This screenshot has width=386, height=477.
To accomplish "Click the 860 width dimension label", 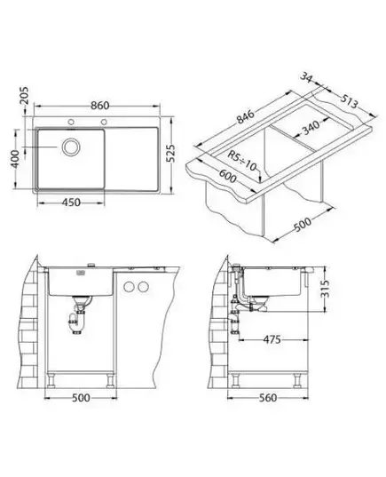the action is (99, 105).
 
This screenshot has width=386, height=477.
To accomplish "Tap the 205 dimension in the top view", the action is (24, 96).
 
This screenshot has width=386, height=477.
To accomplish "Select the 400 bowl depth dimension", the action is (14, 159).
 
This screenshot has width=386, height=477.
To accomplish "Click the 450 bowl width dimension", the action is (71, 203).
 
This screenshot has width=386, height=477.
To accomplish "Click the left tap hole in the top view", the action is (71, 122).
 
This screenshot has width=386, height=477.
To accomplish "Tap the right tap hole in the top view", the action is (104, 122).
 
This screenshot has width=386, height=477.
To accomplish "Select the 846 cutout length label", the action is (246, 116).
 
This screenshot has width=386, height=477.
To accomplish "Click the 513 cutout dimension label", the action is (349, 101).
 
